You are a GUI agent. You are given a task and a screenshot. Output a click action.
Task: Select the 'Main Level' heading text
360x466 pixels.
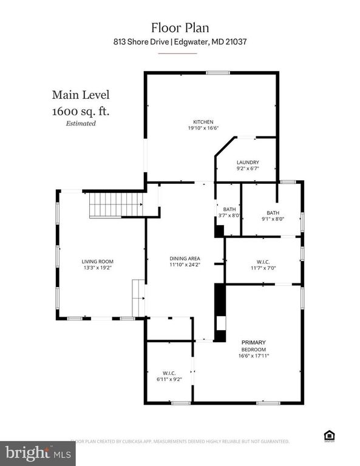click(80, 95)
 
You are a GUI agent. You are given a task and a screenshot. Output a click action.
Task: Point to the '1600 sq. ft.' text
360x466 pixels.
click(81, 111)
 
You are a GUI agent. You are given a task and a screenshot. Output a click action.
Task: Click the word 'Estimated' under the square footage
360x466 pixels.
click(81, 124)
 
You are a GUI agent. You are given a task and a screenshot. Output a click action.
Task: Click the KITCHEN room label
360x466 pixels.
click(203, 122)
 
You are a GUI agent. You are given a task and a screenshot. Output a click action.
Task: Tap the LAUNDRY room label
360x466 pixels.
click(248, 162)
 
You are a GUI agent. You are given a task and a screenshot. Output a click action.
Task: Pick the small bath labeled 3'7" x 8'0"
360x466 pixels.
click(229, 212)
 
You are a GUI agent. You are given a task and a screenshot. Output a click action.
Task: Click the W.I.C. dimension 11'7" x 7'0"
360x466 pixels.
click(263, 268)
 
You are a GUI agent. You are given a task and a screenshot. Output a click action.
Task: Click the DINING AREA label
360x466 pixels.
click(185, 258)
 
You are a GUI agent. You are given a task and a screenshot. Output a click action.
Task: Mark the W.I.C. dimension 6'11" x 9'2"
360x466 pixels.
click(169, 379)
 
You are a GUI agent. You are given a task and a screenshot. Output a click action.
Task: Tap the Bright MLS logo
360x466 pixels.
click(37, 451)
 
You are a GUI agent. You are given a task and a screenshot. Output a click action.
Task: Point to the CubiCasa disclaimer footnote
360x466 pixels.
click(180, 441)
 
